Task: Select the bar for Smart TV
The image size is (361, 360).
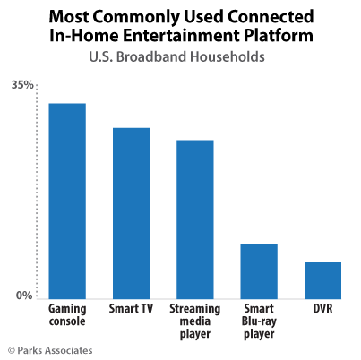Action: [131, 212]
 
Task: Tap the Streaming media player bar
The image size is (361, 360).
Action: [194, 219]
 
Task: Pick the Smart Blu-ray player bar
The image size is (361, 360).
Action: [259, 270]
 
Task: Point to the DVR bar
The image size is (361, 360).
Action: [322, 279]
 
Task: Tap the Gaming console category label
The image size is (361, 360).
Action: [67, 314]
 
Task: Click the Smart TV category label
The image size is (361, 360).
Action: [131, 308]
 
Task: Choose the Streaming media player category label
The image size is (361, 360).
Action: [194, 321]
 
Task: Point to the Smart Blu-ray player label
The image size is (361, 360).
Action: [259, 321]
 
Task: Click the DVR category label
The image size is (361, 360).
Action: [322, 308]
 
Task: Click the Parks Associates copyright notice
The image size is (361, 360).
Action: [50, 349]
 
